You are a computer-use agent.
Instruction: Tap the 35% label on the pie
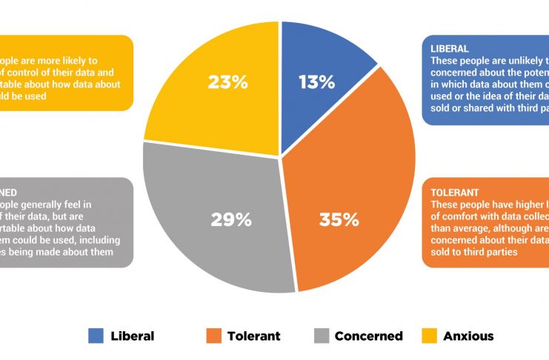339,219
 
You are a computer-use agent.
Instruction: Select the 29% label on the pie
231,219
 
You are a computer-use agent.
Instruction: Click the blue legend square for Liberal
96,336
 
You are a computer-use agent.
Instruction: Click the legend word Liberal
133,336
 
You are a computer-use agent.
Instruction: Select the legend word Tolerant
253,336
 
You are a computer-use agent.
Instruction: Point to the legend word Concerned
368,336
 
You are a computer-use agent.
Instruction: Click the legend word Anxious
468,336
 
